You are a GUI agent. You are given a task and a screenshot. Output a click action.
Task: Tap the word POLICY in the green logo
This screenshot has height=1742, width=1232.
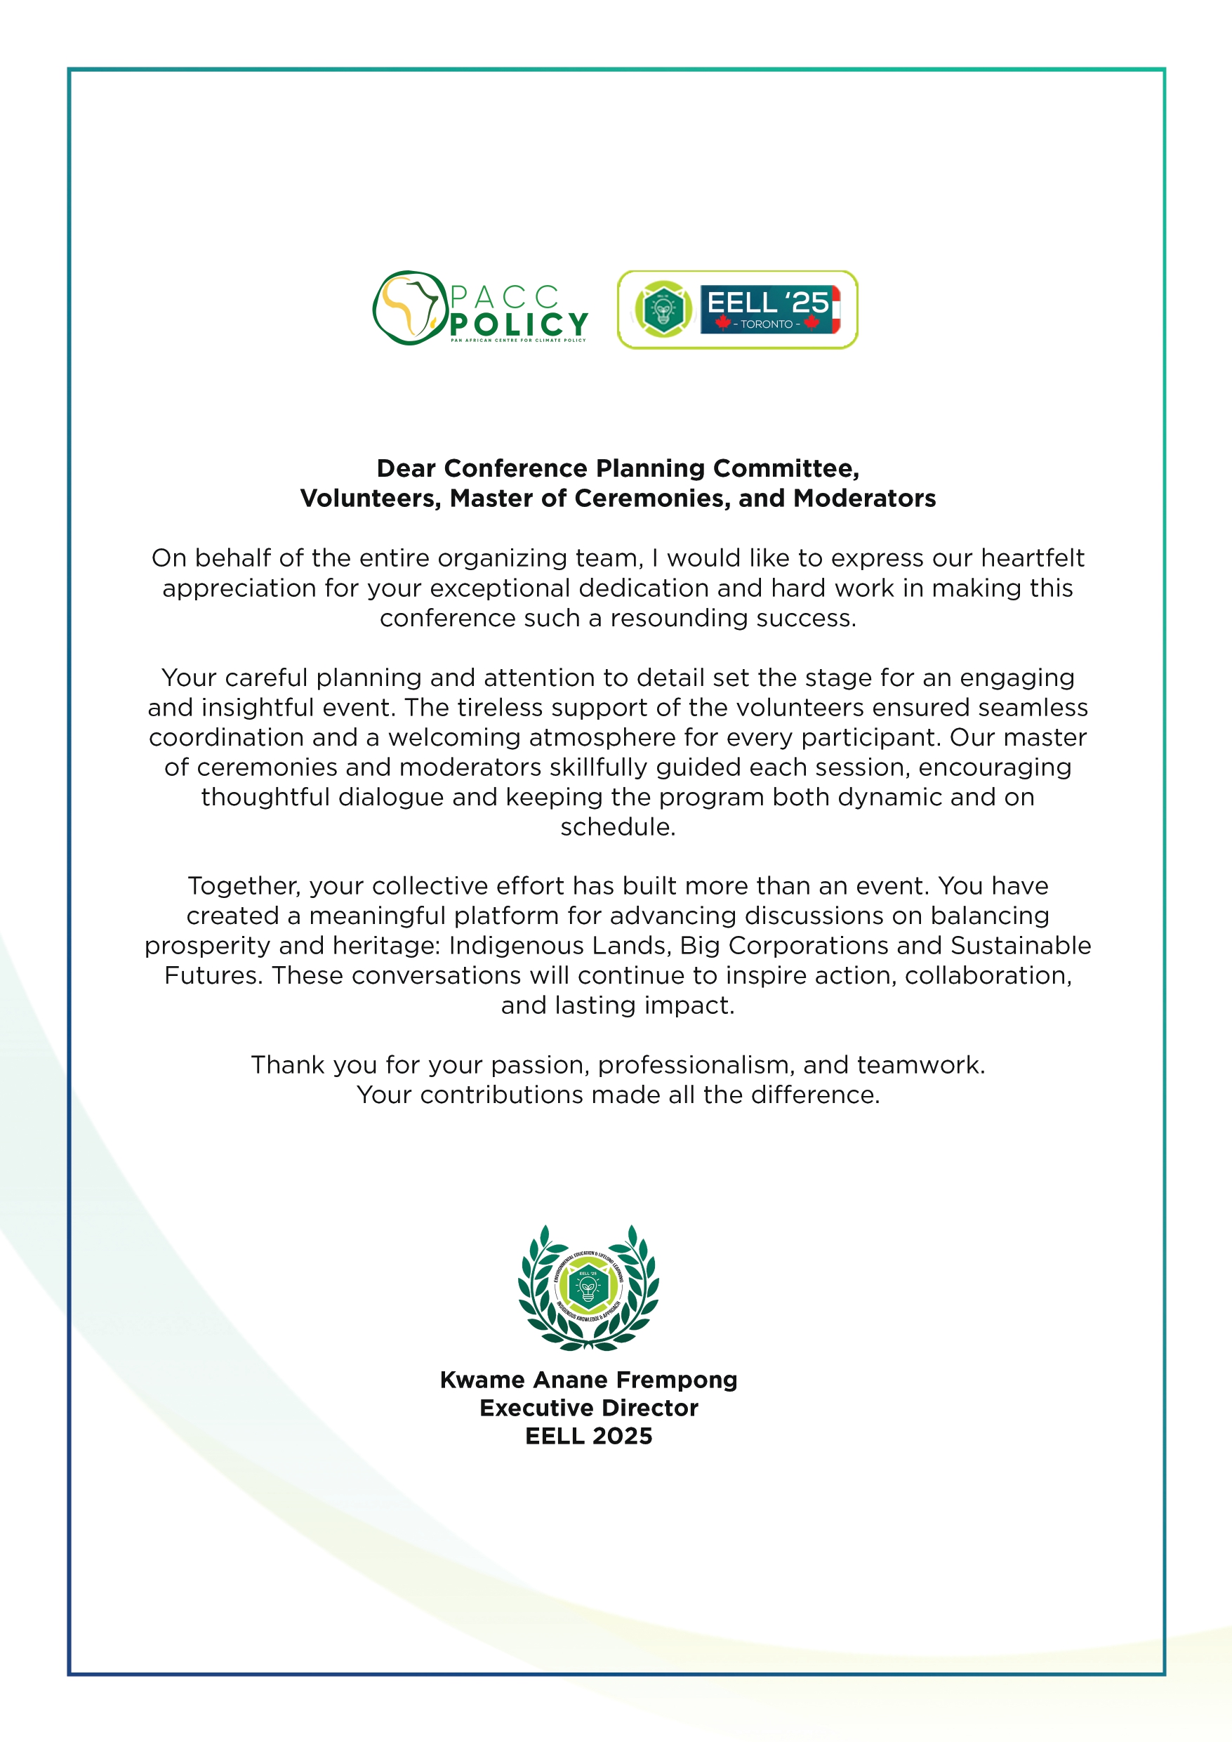519,324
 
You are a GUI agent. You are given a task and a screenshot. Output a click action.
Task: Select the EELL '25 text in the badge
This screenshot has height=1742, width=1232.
767,303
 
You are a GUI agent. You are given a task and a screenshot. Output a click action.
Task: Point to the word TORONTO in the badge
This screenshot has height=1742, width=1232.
766,324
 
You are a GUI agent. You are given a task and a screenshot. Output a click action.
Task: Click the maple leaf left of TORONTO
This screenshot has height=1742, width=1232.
723,323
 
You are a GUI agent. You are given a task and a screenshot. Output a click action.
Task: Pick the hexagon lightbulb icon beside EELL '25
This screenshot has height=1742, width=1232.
663,309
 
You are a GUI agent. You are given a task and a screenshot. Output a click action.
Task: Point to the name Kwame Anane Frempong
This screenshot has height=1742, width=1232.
589,1379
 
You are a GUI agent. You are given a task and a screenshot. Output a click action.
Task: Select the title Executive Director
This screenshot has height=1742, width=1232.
589,1408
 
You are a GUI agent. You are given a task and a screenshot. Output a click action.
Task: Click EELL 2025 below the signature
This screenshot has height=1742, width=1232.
589,1437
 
